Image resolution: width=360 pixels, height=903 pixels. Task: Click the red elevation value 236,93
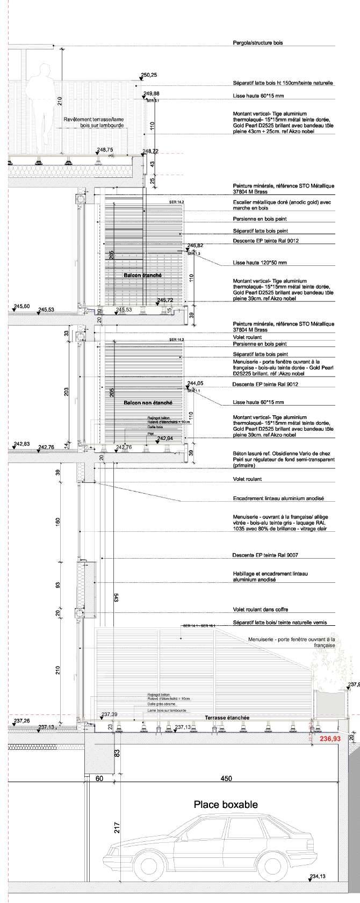pyautogui.click(x=330, y=739)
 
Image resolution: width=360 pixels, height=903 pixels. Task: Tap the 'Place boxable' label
pyautogui.click(x=226, y=804)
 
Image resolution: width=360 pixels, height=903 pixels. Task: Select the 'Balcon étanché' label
pyautogui.click(x=142, y=275)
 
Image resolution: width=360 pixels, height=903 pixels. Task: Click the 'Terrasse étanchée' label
pyautogui.click(x=227, y=717)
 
